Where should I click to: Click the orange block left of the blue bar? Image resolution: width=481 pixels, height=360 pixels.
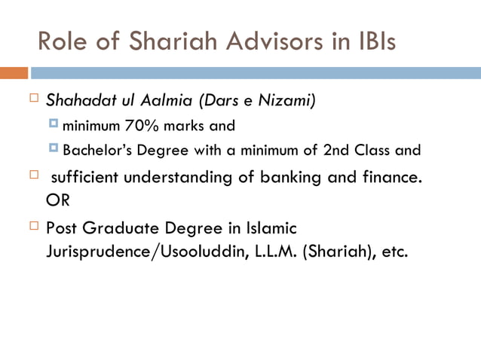(x=14, y=73)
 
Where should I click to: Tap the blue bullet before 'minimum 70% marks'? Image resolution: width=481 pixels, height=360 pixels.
(x=54, y=124)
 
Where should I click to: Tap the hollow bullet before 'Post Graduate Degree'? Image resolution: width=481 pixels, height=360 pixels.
(x=34, y=226)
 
